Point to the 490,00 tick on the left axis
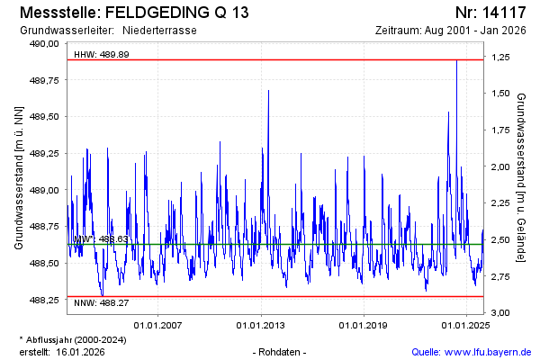(45, 43)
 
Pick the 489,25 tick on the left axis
(45, 154)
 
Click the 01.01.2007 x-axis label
(158, 325)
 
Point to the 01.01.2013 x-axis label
(261, 325)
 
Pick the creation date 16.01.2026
(80, 352)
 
